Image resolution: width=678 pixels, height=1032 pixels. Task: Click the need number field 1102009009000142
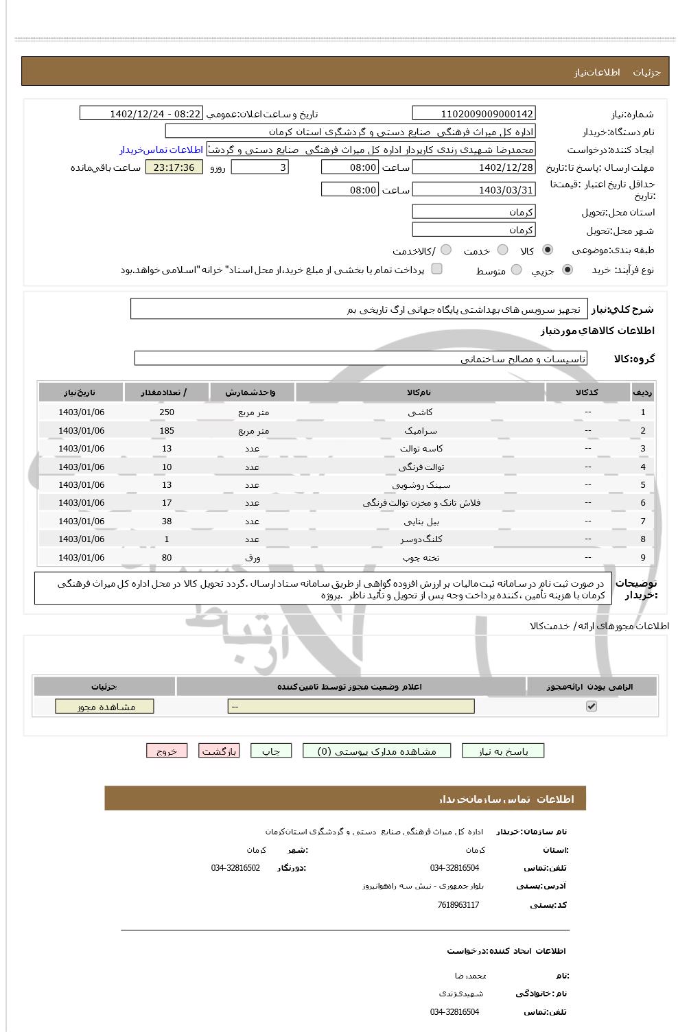point(474,114)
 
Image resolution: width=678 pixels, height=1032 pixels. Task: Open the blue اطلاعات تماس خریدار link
point(161,150)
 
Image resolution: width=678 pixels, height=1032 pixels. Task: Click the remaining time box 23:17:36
point(174,167)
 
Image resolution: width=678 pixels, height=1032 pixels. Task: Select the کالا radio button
point(547,250)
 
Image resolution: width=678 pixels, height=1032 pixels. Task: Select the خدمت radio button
point(502,250)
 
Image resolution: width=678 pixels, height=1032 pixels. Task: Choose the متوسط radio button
point(516,270)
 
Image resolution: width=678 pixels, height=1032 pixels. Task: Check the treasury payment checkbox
point(436,269)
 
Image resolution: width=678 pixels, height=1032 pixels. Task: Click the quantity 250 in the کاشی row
point(167,412)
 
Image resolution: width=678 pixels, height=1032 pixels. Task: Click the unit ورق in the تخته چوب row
point(252,558)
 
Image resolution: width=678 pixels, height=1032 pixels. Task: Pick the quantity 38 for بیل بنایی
point(167,521)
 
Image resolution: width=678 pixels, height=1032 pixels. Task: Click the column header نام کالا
point(419,392)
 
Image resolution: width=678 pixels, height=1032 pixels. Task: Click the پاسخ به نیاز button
point(503,751)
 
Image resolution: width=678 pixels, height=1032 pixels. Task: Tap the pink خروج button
point(167,751)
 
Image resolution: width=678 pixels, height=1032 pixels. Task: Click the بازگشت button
point(219,751)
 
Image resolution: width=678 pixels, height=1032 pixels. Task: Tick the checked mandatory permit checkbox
point(592,706)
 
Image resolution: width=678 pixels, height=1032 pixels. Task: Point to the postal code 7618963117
point(458,905)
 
